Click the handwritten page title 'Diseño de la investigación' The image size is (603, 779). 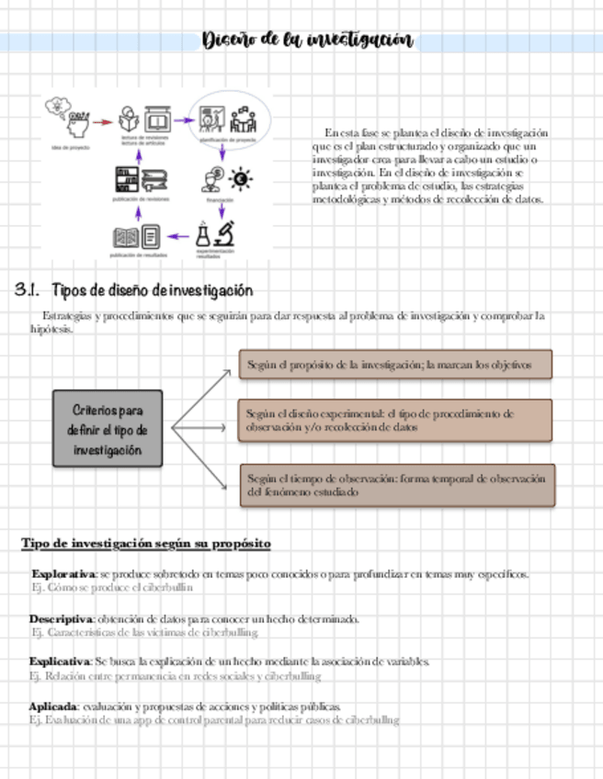point(307,40)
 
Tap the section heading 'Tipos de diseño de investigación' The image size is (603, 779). point(152,291)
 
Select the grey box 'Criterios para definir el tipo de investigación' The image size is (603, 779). point(108,429)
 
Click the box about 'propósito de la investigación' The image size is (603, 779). point(395,365)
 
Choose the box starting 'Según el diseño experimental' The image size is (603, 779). point(395,421)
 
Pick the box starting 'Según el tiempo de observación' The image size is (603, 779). point(398,485)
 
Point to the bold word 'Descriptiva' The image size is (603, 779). point(61,619)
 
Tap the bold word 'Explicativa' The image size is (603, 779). point(60,661)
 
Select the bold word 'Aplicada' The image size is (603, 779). point(52,706)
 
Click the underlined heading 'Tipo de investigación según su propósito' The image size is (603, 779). point(146,544)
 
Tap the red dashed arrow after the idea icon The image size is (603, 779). point(103,121)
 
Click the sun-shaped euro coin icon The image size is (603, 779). point(242,176)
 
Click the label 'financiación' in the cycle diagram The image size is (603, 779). point(221,199)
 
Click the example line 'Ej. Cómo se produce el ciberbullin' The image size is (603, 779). point(112,587)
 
